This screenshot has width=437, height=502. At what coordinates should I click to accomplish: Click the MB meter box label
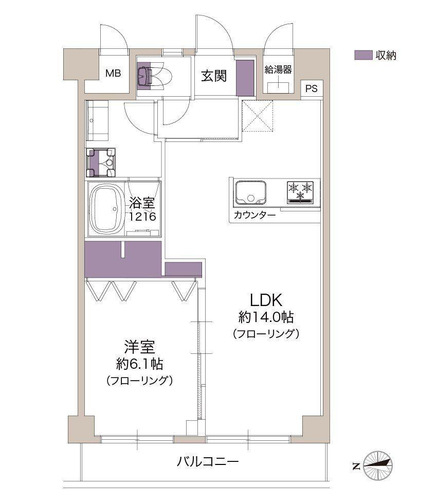pyautogui.click(x=113, y=74)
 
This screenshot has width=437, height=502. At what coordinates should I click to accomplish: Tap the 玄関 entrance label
pyautogui.click(x=214, y=76)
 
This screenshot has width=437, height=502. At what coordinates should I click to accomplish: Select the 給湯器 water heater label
pyautogui.click(x=278, y=69)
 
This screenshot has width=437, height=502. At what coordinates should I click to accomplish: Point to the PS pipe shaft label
pyautogui.click(x=311, y=88)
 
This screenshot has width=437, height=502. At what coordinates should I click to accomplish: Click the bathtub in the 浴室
pyautogui.click(x=106, y=209)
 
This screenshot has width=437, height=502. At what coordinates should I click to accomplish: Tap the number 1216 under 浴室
pyautogui.click(x=142, y=217)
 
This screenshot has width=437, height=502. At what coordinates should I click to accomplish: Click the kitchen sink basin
pyautogui.click(x=251, y=192)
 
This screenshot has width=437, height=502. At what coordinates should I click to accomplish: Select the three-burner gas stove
pyautogui.click(x=300, y=192)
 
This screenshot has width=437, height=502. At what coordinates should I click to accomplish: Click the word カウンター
pyautogui.click(x=254, y=215)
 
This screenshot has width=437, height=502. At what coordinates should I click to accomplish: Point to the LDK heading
pyautogui.click(x=266, y=300)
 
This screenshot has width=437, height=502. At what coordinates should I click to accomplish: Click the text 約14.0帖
pyautogui.click(x=266, y=317)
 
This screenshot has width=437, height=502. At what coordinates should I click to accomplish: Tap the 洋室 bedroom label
pyautogui.click(x=140, y=347)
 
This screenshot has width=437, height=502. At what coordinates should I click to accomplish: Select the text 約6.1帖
pyautogui.click(x=140, y=364)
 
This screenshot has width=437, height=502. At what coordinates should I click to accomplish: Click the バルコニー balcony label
pyautogui.click(x=208, y=462)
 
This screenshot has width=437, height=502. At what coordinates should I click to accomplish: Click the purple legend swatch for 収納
pyautogui.click(x=363, y=55)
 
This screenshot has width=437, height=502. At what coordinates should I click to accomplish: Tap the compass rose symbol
pyautogui.click(x=378, y=465)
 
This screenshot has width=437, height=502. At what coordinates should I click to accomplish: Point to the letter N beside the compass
pyautogui.click(x=356, y=466)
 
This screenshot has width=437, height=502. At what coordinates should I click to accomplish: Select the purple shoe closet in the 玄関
pyautogui.click(x=245, y=78)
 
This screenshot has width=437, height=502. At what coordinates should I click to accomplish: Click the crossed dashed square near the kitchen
pyautogui.click(x=258, y=116)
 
